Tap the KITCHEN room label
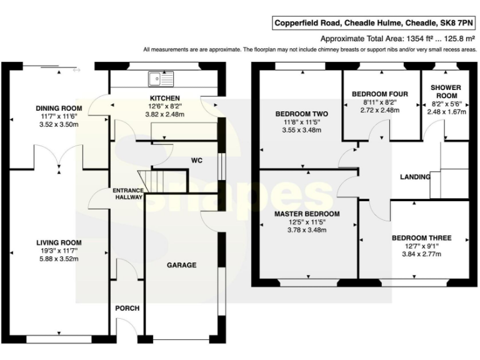[164, 98]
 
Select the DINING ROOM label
[59, 107]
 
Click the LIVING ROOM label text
[59, 242]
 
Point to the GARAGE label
[181, 265]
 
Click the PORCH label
[127, 308]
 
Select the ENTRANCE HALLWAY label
[127, 193]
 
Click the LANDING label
[415, 177]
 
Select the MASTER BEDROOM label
[307, 214]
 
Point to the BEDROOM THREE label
[421, 237]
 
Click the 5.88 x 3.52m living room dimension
[59, 260]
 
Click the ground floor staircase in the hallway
[149, 181]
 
